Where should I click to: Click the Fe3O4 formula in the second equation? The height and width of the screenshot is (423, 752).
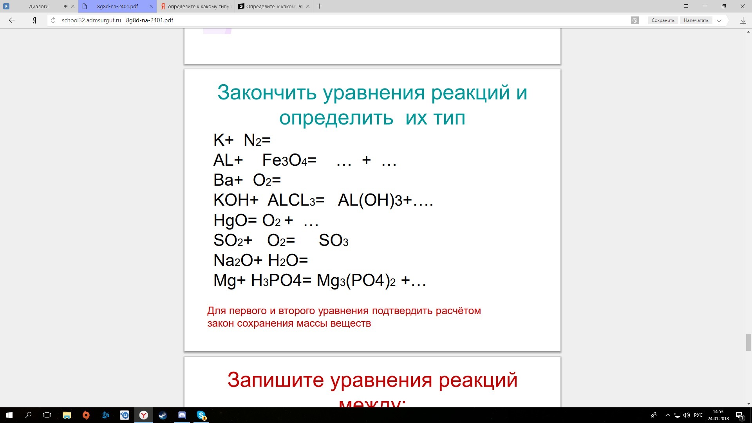coord(285,160)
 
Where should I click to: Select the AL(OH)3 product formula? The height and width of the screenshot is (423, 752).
coord(370,200)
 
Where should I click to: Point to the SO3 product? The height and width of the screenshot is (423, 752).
coord(334,240)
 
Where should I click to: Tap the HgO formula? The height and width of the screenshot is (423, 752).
coord(230,221)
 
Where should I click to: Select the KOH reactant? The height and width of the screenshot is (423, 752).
coord(231,200)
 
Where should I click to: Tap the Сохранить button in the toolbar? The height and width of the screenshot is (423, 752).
coord(663,20)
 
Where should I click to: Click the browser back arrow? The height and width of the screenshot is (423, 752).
coord(12,20)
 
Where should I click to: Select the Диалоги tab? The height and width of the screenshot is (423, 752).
coord(39,6)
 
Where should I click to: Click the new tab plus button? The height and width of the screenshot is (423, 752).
coord(320,6)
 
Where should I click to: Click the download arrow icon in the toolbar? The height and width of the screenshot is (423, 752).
coord(743,20)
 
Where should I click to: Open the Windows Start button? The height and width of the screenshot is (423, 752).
coord(9,415)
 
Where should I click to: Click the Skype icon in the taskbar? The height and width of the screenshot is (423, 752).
coord(201,415)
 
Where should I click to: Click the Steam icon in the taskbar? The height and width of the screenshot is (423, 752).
coord(163,415)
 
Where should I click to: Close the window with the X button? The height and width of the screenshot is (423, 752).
coord(743,6)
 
